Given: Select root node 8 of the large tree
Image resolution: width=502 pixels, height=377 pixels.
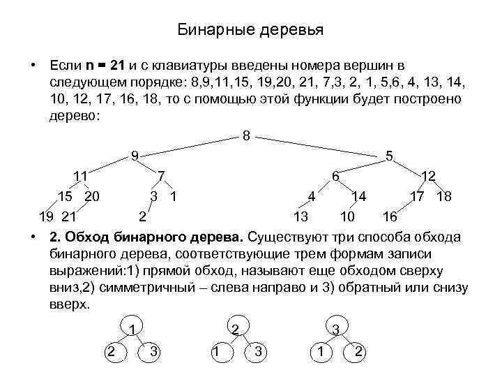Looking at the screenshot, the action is [x=246, y=135].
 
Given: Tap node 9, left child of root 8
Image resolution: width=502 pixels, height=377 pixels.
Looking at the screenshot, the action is [x=137, y=156].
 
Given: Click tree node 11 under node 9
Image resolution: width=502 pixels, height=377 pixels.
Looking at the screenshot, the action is [x=80, y=176].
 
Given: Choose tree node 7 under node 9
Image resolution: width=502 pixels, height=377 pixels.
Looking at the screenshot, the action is [x=161, y=176].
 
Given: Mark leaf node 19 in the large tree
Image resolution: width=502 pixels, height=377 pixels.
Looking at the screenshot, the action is [x=46, y=216].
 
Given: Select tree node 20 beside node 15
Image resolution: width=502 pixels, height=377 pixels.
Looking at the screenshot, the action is [x=91, y=196].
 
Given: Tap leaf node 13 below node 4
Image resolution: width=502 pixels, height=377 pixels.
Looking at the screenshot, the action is [x=301, y=216].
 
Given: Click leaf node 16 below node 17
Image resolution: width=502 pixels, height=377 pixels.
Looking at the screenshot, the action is [x=390, y=216].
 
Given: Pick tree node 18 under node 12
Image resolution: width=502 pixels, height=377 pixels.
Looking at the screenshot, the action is [x=444, y=196].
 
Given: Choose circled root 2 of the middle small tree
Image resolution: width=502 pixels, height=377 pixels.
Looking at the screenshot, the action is [x=236, y=329].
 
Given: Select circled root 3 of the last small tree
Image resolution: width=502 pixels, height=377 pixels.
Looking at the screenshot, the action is [x=336, y=329].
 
